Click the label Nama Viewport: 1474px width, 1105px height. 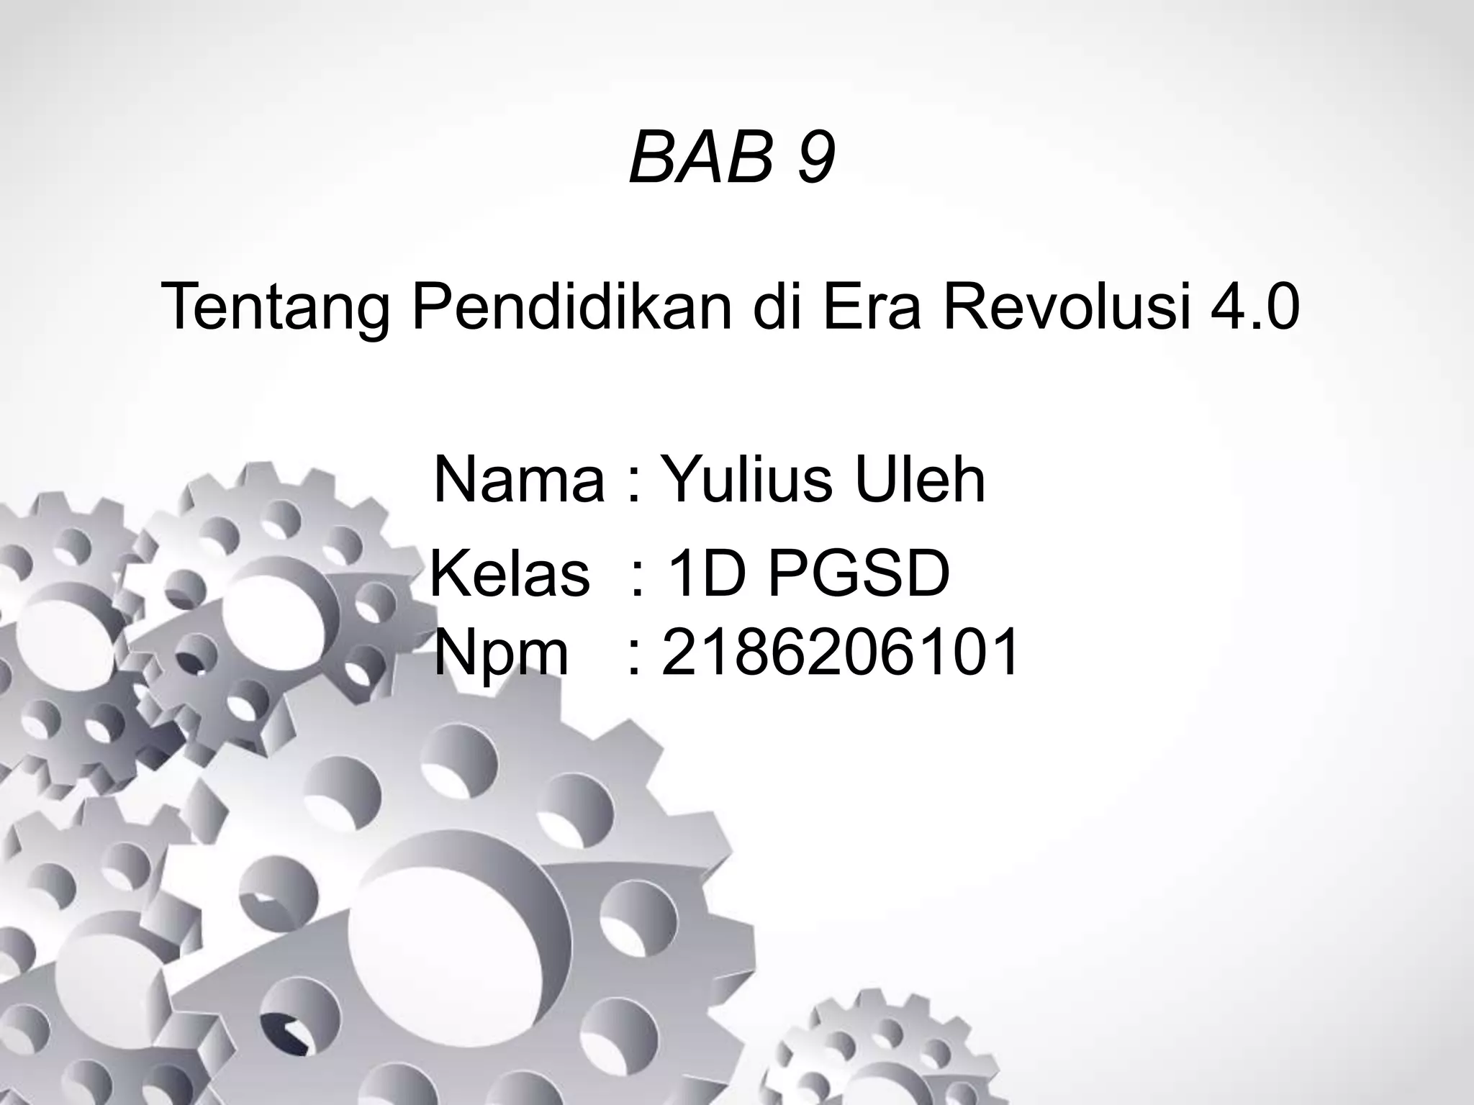pos(519,480)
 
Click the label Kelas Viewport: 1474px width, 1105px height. pos(510,575)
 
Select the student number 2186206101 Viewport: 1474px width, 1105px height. pos(839,652)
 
